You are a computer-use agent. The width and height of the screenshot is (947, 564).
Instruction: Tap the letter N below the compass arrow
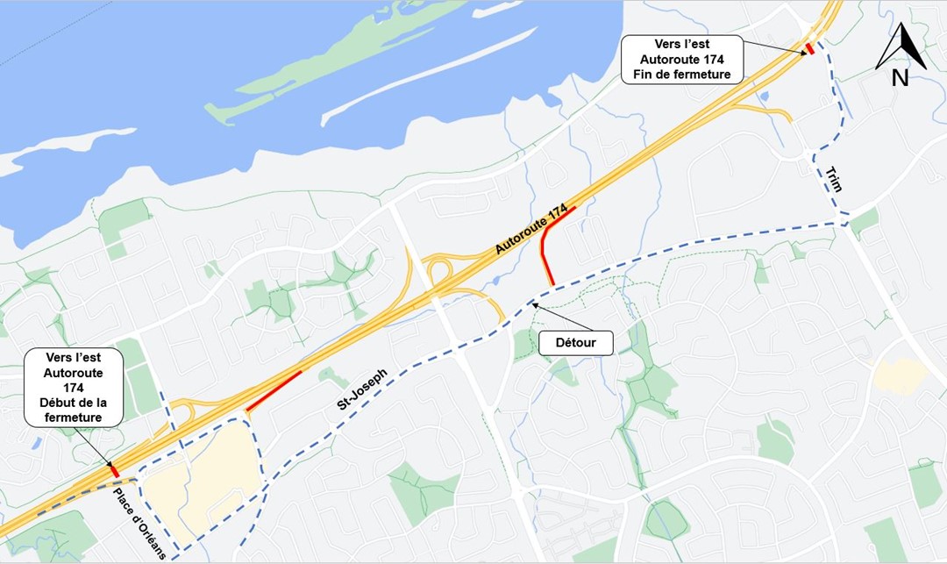point(900,77)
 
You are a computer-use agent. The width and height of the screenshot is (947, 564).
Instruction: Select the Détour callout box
point(576,342)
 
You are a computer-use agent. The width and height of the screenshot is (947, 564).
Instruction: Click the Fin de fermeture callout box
point(681,60)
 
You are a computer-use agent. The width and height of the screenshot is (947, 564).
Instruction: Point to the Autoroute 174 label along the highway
point(531,230)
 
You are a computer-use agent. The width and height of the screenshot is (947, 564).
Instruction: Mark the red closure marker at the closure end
point(810,49)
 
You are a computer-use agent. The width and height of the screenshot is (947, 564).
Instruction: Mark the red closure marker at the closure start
point(115,471)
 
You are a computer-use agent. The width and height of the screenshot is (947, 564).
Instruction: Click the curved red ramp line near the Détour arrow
point(546,249)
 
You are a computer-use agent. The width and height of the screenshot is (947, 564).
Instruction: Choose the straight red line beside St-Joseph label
point(274,391)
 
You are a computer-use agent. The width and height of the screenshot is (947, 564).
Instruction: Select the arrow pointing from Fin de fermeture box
point(775,46)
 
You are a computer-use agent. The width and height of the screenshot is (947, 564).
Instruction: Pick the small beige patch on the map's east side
point(899,376)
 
